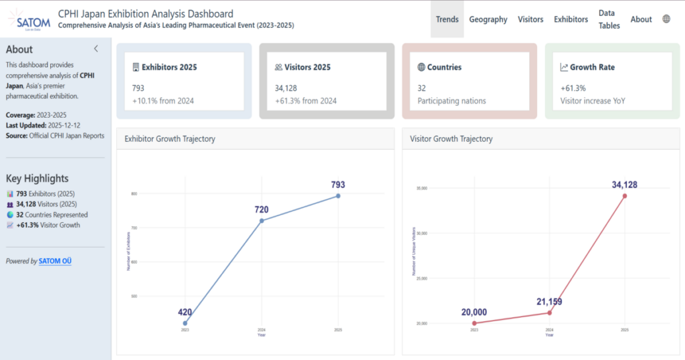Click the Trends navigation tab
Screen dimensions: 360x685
(447, 19)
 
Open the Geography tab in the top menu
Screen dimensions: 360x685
(488, 19)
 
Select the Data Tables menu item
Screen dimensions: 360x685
(609, 19)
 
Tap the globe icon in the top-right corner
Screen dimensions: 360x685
(666, 19)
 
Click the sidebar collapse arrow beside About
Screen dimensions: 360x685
(96, 49)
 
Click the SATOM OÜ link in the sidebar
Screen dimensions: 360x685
(55, 261)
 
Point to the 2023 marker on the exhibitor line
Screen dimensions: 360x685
(185, 323)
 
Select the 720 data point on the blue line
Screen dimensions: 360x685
(262, 221)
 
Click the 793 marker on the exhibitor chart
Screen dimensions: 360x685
(338, 196)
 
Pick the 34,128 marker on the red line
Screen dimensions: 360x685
(625, 196)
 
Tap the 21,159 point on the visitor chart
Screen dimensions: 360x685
(549, 312)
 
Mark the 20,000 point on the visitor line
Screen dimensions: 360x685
(474, 323)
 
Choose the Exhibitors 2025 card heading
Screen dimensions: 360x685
(169, 68)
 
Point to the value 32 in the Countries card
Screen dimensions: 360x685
(422, 88)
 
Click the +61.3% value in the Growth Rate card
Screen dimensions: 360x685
(573, 88)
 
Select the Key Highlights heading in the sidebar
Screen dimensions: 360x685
(37, 179)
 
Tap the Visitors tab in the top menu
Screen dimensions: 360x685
(530, 19)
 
